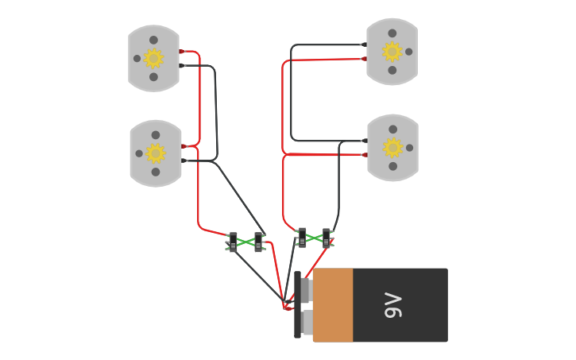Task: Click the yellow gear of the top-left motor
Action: [153, 58]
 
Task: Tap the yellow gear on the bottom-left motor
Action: [156, 153]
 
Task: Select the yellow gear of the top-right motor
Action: [392, 52]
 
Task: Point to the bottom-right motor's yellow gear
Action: [392, 148]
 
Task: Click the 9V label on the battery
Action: [393, 305]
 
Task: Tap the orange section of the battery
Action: [333, 305]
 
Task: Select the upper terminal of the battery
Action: [305, 290]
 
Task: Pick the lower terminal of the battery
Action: [306, 322]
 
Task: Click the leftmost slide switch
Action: [233, 242]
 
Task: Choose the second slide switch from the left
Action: [258, 242]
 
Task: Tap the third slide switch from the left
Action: [302, 238]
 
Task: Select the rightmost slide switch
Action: [327, 238]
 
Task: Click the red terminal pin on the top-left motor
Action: [182, 52]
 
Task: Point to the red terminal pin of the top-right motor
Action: [364, 59]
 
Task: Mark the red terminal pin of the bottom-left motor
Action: [184, 146]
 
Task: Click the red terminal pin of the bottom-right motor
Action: [365, 155]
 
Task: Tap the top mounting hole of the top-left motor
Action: [153, 40]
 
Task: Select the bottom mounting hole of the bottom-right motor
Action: [392, 166]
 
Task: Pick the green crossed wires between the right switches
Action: [314, 238]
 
